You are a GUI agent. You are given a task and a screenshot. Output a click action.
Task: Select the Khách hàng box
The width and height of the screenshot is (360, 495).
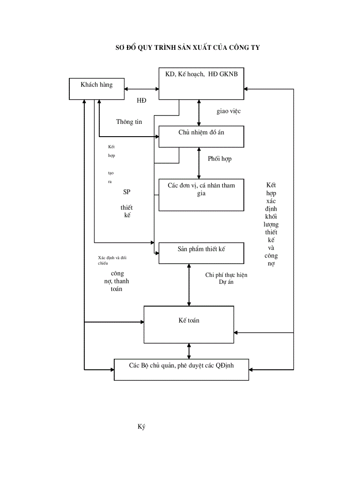[97, 89]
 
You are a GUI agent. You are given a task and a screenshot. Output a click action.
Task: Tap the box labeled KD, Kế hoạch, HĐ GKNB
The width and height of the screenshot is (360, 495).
[201, 84]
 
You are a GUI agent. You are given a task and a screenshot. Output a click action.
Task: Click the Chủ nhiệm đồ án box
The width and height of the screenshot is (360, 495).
[201, 137]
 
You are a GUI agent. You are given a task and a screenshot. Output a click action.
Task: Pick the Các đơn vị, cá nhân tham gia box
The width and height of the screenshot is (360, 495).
[201, 194]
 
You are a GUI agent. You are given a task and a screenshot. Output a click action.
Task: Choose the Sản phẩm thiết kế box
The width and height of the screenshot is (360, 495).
[201, 253]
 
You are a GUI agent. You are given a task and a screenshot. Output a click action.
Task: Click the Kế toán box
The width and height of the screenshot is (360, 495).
[189, 324]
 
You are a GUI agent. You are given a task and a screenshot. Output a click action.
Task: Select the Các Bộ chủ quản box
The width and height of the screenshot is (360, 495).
[181, 369]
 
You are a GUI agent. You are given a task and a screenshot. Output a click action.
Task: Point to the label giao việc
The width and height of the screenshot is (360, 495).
[229, 111]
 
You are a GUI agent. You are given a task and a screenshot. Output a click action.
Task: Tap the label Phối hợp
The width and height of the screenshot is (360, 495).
[219, 159]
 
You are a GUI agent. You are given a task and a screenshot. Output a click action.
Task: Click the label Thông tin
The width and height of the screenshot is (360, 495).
[129, 122]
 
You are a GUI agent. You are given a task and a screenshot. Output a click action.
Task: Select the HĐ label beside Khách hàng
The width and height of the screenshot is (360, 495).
[141, 100]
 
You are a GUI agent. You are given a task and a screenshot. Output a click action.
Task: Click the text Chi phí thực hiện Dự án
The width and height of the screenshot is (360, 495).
[226, 279]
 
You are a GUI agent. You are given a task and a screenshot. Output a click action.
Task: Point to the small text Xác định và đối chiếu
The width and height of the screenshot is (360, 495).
[112, 260]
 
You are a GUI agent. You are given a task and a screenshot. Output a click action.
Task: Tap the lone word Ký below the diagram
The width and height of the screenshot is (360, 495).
[141, 427]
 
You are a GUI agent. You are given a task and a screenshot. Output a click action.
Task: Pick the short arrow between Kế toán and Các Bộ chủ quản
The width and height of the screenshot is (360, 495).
[189, 351]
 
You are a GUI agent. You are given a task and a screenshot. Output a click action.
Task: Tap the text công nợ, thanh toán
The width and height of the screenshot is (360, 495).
[117, 281]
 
